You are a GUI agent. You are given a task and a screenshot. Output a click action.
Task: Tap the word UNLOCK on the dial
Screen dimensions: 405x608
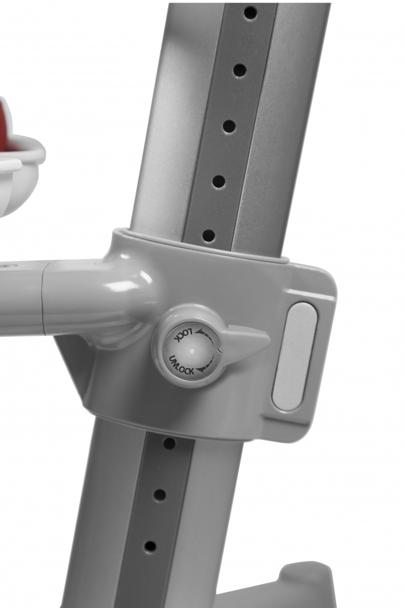181,365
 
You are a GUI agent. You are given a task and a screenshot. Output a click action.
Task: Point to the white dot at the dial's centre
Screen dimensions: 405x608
192,351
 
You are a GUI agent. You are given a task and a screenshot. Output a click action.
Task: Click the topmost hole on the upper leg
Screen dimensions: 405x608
250,12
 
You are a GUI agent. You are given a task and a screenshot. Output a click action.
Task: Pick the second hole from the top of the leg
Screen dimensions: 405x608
239,71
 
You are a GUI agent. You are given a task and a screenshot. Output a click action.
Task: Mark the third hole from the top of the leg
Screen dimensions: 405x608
229,127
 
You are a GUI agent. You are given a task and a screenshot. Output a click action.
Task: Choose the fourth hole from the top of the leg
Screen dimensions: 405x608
219,182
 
